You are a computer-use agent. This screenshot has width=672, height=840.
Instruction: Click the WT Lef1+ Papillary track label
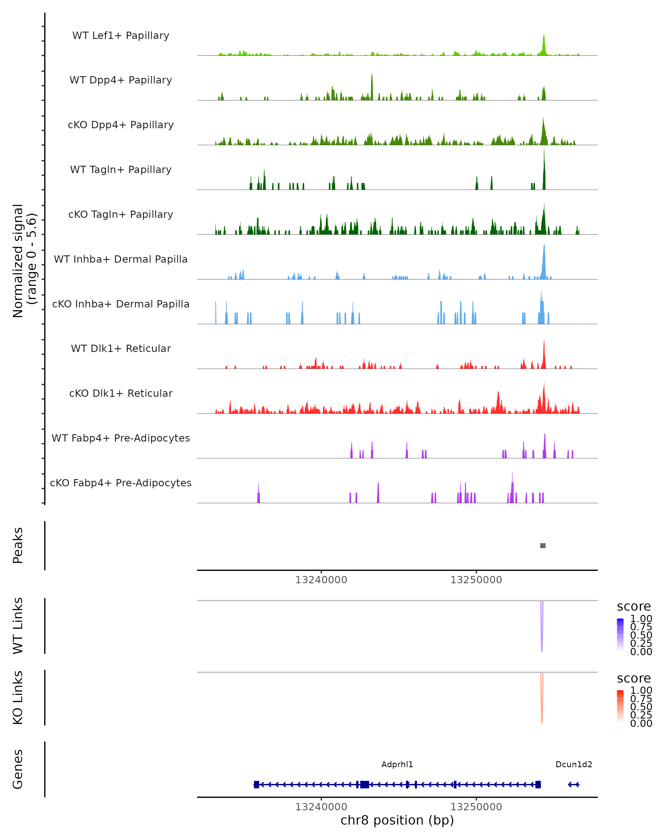click(121, 36)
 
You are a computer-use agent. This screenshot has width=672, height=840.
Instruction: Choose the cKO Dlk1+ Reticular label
click(121, 393)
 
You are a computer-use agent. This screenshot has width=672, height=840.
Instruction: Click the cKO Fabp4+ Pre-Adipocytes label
click(121, 483)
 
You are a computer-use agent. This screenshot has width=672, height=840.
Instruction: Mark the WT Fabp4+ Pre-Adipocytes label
click(121, 438)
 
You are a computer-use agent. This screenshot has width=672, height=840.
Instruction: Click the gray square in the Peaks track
click(543, 545)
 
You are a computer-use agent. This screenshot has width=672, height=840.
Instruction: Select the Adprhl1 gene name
click(397, 764)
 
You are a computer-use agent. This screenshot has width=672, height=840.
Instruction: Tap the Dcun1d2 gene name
click(573, 764)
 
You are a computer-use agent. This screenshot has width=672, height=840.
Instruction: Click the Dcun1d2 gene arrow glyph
click(573, 785)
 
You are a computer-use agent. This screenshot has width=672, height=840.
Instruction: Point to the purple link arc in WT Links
click(542, 627)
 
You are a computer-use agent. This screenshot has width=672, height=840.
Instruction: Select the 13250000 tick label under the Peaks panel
click(476, 580)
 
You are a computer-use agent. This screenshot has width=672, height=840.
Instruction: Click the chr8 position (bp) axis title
click(397, 820)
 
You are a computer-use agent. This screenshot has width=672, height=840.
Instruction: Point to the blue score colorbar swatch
click(620, 635)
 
